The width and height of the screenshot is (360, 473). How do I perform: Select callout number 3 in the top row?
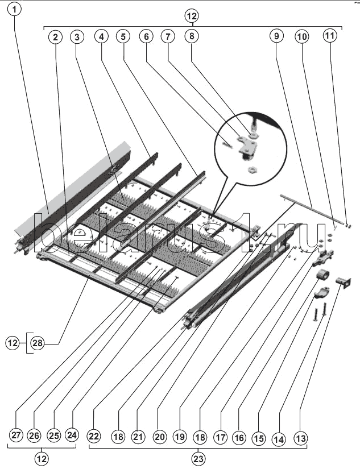(77, 37)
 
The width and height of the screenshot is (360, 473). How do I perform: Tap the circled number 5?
(122, 37)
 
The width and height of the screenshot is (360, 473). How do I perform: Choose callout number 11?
(330, 36)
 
